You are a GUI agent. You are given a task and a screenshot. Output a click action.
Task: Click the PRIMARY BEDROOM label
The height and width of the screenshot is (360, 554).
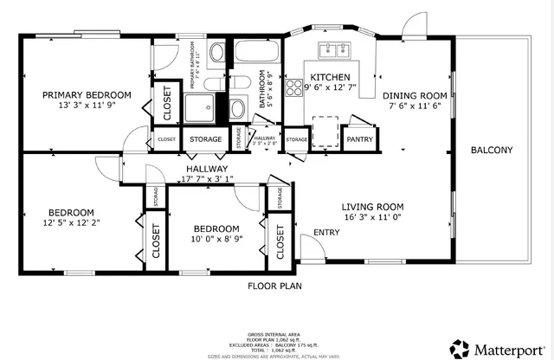[87, 94]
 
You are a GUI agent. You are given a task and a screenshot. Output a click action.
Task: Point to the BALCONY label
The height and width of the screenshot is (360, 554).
[491, 151]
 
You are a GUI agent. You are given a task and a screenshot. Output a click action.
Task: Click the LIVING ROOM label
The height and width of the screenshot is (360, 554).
[372, 206]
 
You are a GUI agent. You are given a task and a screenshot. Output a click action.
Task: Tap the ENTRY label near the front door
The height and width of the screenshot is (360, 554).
[326, 232]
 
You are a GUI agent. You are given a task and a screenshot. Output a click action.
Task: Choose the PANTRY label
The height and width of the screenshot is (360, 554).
[358, 139]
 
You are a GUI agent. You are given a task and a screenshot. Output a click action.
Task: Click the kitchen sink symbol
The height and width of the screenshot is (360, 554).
[338, 48]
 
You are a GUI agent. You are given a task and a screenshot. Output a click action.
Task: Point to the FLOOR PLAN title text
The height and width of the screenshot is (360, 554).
[274, 285]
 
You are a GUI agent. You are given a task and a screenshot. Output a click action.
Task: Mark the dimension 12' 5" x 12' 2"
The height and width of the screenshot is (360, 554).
[71, 223]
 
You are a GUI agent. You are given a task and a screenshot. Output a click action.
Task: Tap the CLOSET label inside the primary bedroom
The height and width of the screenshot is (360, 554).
[167, 103]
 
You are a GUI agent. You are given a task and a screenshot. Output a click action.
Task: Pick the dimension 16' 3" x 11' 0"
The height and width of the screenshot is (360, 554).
[372, 217]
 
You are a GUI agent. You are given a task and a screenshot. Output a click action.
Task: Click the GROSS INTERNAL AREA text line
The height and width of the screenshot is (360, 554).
[274, 332]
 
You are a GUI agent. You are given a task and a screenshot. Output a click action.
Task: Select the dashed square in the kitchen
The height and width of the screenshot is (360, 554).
[325, 129]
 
